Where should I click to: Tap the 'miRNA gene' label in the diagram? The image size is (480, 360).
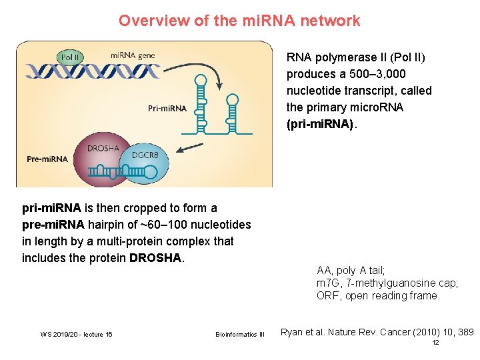click(x=132, y=55)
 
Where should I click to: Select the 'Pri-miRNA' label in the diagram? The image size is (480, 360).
click(x=167, y=107)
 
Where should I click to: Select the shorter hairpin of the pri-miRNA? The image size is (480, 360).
click(x=232, y=113)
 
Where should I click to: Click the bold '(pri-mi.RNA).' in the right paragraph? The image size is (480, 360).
click(x=322, y=125)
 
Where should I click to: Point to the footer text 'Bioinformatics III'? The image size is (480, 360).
click(x=240, y=334)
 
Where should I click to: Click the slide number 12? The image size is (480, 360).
click(x=435, y=343)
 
